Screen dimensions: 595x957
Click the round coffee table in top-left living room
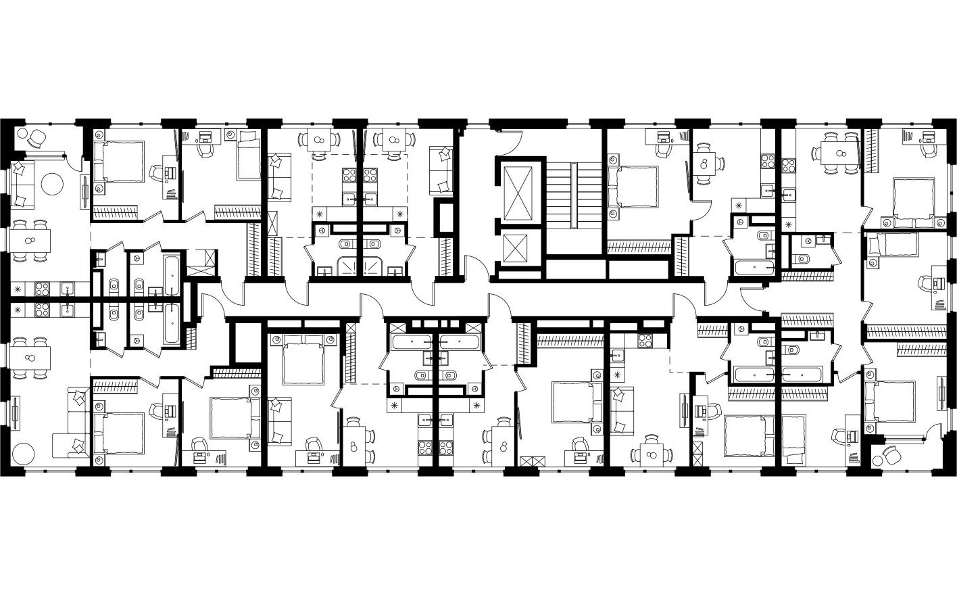click(x=53, y=183)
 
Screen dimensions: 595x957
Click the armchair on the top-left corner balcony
click(x=36, y=139)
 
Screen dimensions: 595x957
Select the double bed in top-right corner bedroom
click(x=912, y=201)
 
